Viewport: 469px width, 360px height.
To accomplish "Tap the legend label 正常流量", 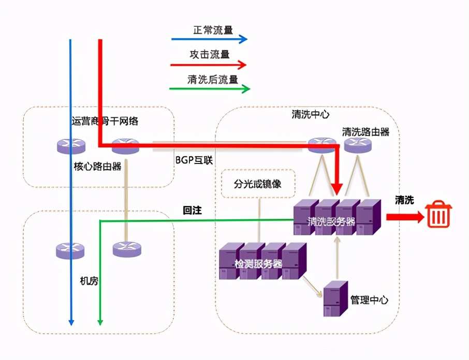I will pos(213,29).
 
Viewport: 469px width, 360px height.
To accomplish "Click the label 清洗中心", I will pos(311,114).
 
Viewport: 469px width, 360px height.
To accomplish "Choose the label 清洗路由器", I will pos(365,131).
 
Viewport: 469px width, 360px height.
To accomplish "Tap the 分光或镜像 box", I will pos(258,184).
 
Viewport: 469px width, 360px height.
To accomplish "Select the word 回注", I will pos(192,211).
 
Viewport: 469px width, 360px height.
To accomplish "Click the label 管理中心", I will pos(369,299).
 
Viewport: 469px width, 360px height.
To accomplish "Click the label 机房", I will pos(89,281).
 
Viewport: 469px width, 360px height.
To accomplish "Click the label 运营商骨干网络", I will pos(105,122).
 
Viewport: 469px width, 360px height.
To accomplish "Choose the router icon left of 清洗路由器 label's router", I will pos(321,145).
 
